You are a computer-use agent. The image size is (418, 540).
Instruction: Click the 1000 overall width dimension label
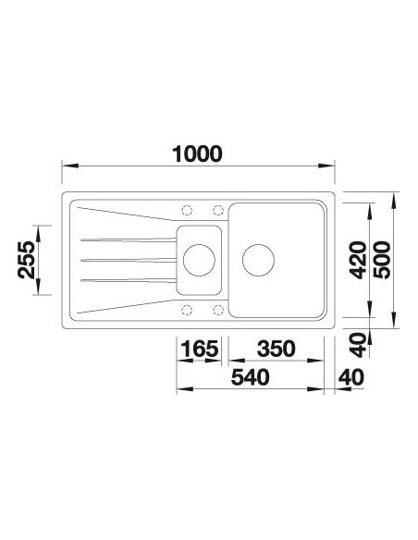click(x=197, y=154)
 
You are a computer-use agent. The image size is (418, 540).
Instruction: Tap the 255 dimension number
click(x=27, y=260)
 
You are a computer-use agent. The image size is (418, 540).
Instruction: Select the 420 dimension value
click(x=358, y=260)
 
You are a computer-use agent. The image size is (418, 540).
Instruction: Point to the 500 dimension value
click(x=383, y=260)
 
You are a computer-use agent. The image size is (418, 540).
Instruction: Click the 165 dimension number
click(x=200, y=349)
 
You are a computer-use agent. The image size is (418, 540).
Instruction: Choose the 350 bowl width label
click(x=277, y=349)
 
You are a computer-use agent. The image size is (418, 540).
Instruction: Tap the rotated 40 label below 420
click(x=358, y=345)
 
